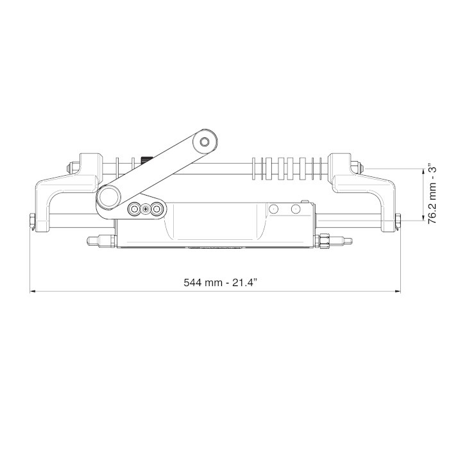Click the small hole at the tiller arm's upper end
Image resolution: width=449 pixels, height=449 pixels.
[205, 141]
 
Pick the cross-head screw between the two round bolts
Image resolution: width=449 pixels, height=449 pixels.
[146, 209]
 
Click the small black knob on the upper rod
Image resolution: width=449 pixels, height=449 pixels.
[144, 159]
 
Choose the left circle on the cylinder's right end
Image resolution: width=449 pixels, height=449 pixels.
[273, 209]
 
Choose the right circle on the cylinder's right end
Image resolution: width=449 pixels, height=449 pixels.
[296, 209]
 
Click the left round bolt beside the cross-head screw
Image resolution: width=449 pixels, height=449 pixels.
[135, 209]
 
